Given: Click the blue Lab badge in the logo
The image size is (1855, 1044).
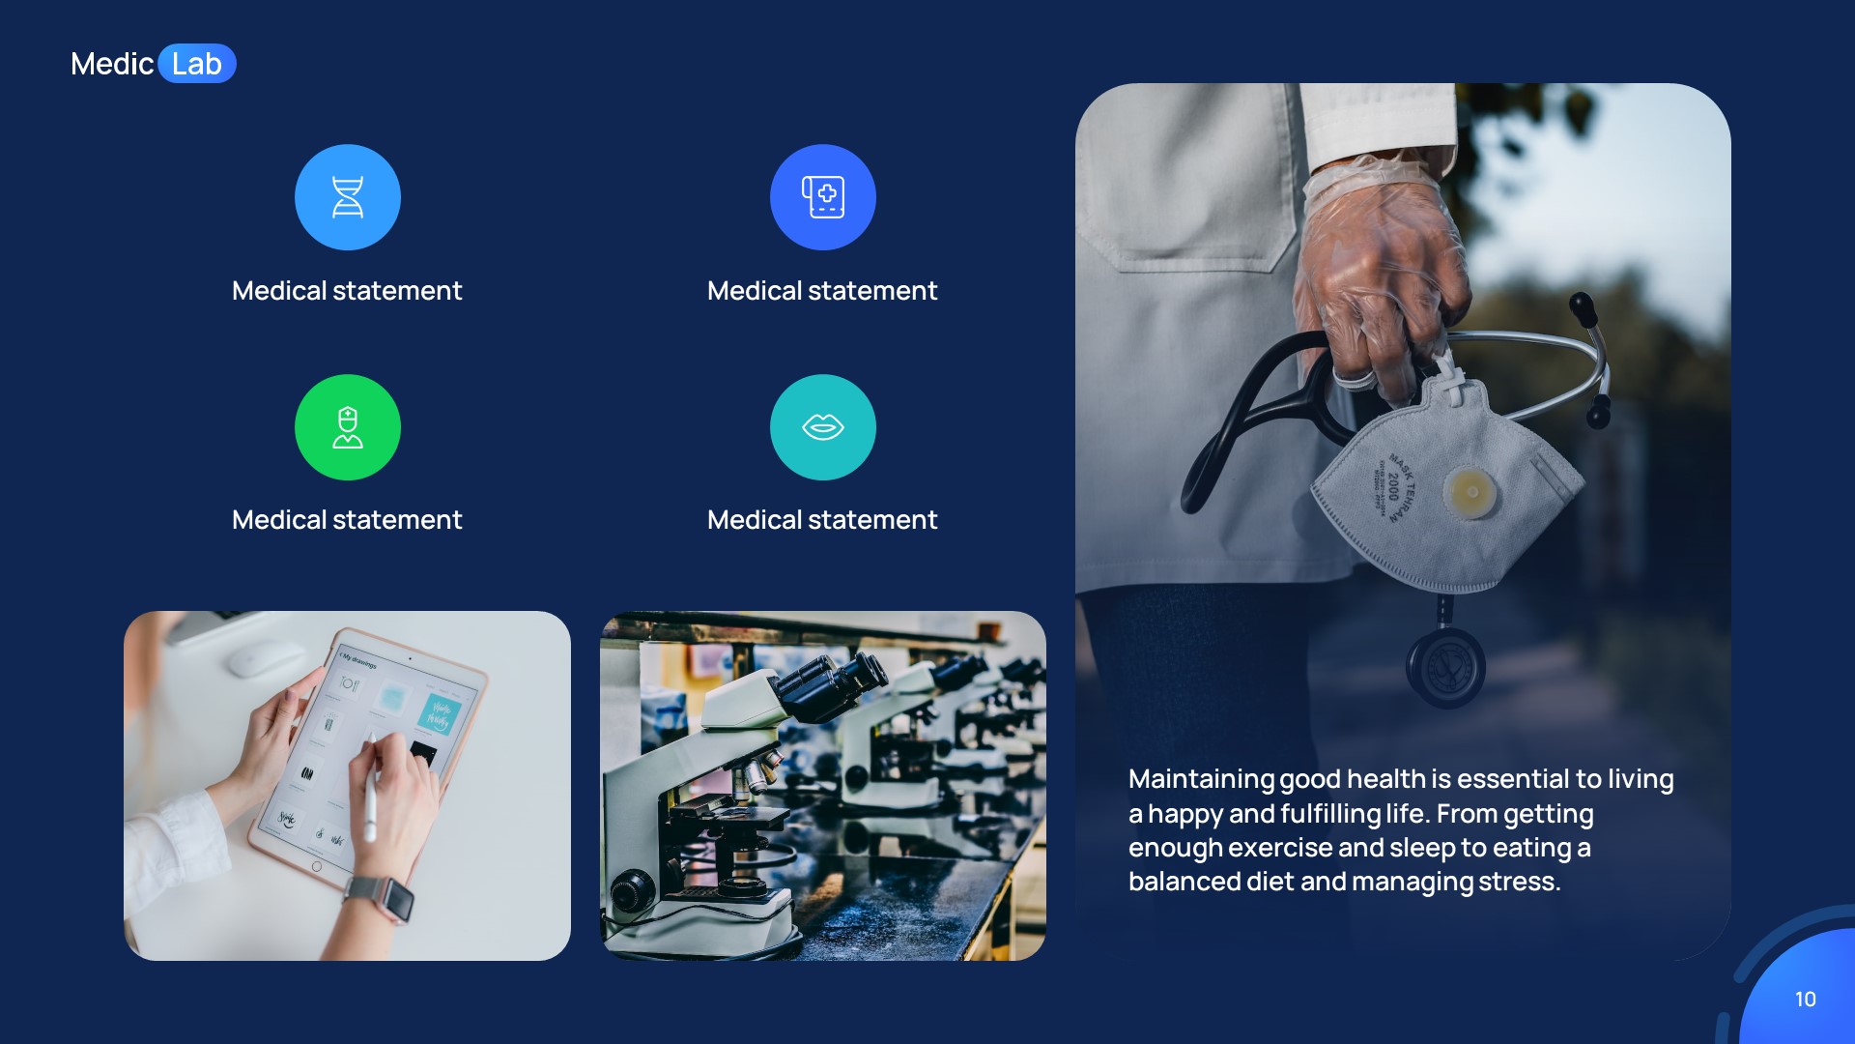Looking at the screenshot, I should click(197, 64).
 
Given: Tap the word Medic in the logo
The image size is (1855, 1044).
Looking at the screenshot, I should click(112, 64).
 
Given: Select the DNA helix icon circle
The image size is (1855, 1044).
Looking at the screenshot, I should click(348, 197).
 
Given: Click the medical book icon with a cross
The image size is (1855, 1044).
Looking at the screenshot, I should click(823, 197).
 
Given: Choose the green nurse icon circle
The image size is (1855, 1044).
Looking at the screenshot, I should click(348, 427).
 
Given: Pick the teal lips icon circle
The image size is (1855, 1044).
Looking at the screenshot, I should click(823, 427).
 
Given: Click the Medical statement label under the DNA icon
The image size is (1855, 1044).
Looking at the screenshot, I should click(347, 291).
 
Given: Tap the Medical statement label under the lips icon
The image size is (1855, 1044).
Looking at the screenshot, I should click(822, 520).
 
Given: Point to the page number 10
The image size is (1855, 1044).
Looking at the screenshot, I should click(1805, 1000).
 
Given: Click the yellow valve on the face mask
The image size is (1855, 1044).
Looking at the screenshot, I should click(1470, 492).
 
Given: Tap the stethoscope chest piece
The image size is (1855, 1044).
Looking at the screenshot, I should click(1445, 667).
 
